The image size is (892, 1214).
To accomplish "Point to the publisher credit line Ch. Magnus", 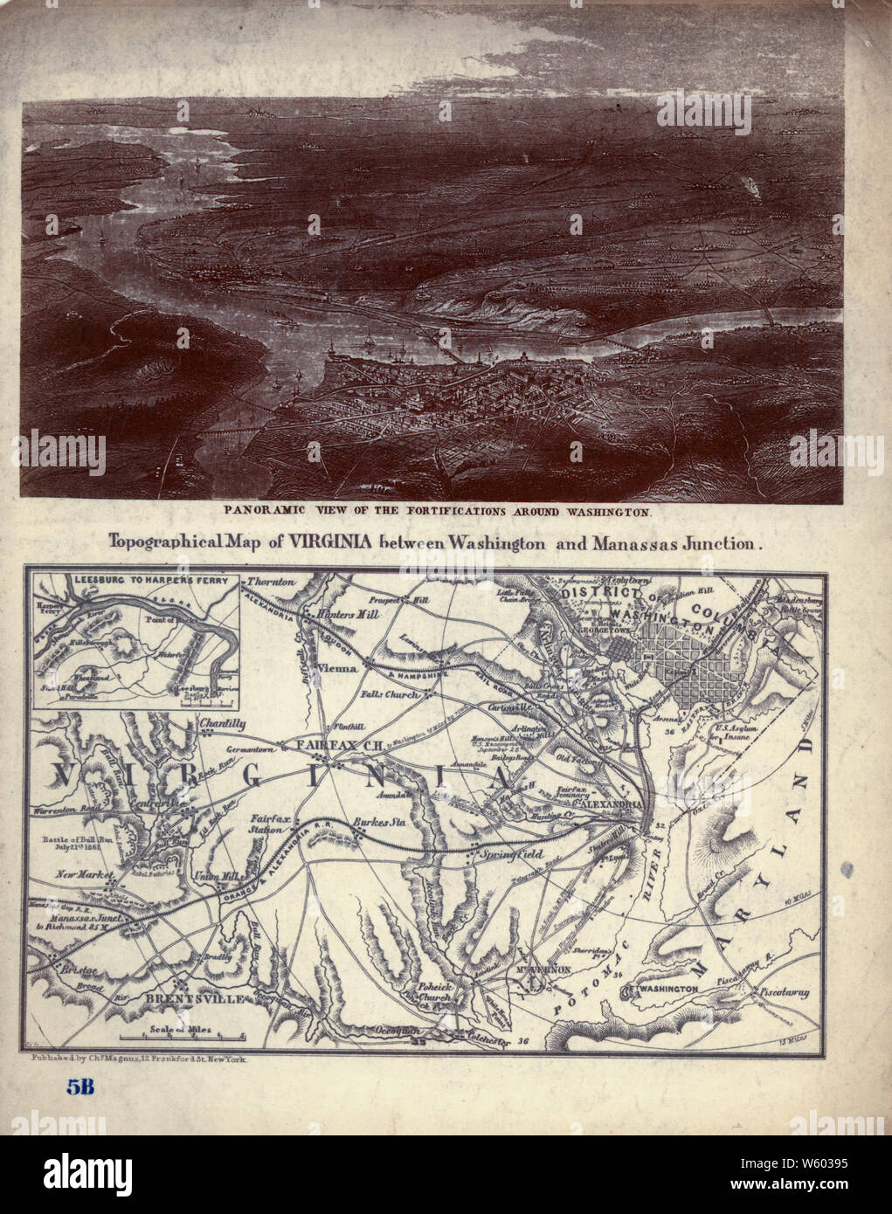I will pos(140,1058).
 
